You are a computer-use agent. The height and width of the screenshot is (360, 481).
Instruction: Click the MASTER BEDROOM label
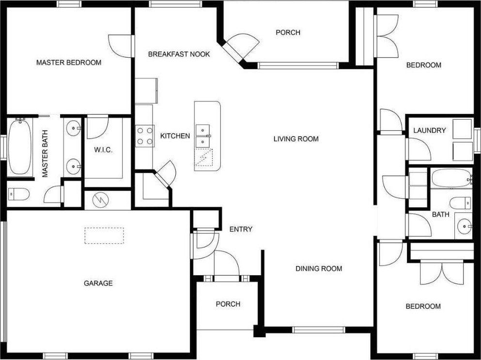coord(69,63)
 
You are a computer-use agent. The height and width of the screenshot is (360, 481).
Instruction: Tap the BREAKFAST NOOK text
coord(179,54)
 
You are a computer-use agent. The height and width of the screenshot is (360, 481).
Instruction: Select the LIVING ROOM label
coord(296,139)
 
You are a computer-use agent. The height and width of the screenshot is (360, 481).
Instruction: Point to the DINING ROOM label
coord(319,268)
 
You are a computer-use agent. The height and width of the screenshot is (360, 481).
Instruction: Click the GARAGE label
coord(98,283)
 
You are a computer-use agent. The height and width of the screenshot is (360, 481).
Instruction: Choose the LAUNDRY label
coord(429,130)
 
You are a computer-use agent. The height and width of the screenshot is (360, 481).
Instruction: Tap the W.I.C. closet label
coord(103,150)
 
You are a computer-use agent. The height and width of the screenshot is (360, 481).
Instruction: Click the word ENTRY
coord(241,229)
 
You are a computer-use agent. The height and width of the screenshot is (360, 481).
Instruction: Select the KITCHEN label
coord(175,136)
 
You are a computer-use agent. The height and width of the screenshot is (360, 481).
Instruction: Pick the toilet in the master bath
coord(19,194)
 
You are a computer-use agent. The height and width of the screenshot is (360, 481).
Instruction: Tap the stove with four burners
coord(144,136)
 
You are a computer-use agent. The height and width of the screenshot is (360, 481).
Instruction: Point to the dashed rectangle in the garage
coord(105,235)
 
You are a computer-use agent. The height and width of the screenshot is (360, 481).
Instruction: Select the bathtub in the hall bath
coord(450,178)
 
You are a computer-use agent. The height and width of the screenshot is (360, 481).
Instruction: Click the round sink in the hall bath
coord(465,226)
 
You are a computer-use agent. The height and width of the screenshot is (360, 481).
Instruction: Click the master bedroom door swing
coord(120,45)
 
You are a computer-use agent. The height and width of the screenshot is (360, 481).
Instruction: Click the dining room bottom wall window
coord(319,330)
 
